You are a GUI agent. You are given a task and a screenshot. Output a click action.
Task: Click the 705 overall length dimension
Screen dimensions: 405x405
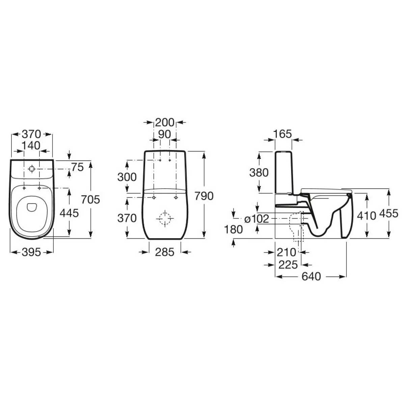(90, 199)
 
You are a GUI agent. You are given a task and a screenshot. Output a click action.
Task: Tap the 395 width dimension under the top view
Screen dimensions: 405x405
(31, 252)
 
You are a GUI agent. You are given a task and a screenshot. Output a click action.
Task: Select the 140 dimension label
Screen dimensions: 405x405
(31, 145)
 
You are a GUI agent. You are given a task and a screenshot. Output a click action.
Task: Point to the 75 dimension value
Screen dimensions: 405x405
(78, 167)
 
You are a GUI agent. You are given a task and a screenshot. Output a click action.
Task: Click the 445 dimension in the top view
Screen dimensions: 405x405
(69, 213)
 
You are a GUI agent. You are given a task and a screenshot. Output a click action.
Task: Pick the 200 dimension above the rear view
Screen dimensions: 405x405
(165, 122)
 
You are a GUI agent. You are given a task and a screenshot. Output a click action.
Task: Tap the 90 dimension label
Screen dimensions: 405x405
(165, 134)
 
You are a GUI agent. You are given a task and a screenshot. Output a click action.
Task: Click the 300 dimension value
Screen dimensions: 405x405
(127, 177)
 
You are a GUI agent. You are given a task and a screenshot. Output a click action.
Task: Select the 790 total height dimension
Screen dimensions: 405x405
(204, 196)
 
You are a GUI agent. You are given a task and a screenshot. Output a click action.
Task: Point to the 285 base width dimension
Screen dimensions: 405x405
(165, 252)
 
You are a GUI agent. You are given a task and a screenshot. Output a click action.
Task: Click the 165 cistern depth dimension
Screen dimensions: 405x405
(283, 134)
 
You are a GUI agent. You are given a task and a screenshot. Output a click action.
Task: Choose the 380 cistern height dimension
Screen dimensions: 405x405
(259, 172)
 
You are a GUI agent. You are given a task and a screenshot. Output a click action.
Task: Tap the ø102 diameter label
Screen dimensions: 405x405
(257, 219)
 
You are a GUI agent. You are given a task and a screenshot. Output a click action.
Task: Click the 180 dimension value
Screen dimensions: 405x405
(234, 229)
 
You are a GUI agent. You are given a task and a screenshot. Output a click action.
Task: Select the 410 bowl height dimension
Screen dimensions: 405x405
(367, 216)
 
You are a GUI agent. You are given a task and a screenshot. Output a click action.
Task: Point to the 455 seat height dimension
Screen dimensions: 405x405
(388, 214)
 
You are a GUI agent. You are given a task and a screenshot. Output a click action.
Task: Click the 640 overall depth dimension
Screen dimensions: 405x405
(311, 276)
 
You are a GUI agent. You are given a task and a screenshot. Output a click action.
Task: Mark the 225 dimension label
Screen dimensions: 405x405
(288, 265)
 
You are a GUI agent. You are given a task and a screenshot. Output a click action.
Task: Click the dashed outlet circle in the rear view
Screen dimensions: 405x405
(165, 219)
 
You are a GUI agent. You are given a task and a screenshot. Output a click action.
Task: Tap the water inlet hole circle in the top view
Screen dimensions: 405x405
(31, 169)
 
